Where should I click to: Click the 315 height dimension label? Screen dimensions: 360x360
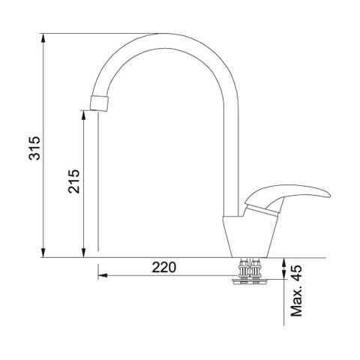pyautogui.click(x=34, y=148)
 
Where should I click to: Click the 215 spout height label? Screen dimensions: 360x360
pyautogui.click(x=74, y=181)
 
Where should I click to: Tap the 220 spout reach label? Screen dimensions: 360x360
pyautogui.click(x=164, y=267)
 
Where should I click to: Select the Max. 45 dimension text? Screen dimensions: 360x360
pyautogui.click(x=297, y=291)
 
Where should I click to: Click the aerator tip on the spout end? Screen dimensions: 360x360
pyautogui.click(x=99, y=103)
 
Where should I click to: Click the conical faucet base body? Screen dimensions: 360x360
pyautogui.click(x=250, y=237)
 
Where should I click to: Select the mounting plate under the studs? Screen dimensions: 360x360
pyautogui.click(x=250, y=282)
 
